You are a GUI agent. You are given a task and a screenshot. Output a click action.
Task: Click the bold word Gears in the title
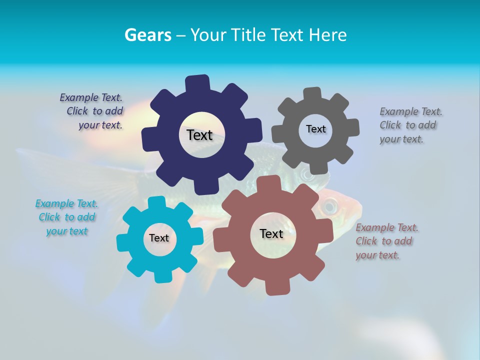click(147, 35)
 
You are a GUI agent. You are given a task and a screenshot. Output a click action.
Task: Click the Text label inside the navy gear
click(199, 135)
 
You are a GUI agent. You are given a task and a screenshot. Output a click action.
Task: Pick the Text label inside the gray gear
click(315, 129)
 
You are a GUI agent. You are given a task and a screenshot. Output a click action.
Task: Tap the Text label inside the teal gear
click(159, 238)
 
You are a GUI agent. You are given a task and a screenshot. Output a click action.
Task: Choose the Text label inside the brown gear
click(271, 233)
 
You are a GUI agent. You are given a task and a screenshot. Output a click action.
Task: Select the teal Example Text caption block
click(66, 217)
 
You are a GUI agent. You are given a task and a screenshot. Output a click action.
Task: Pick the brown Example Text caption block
click(386, 241)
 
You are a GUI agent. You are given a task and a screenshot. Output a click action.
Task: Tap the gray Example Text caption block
click(410, 125)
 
